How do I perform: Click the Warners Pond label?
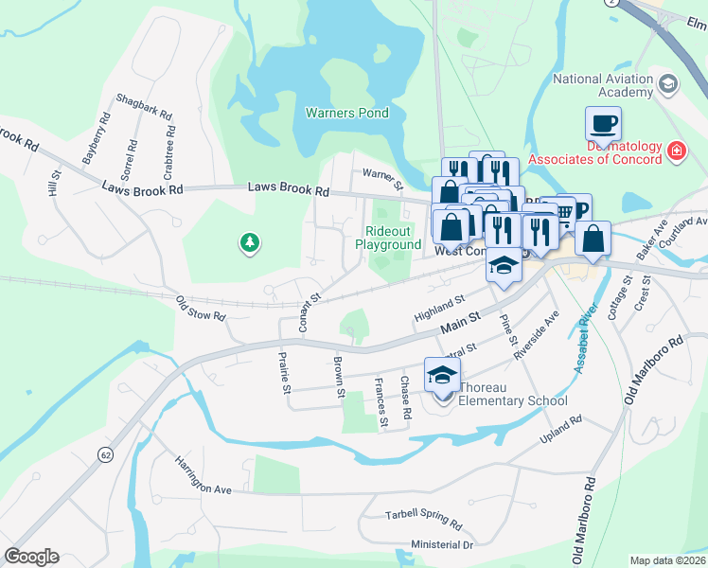click(346, 113)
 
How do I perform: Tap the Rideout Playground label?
click(388, 238)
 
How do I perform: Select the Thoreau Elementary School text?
click(512, 393)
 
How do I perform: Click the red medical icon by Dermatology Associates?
click(676, 151)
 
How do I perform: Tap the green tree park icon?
click(250, 244)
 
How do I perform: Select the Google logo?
click(31, 557)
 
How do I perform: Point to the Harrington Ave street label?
click(203, 476)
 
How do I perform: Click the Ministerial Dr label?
click(441, 545)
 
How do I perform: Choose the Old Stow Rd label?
click(201, 309)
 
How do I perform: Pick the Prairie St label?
click(283, 373)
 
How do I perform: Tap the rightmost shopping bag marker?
click(593, 240)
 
